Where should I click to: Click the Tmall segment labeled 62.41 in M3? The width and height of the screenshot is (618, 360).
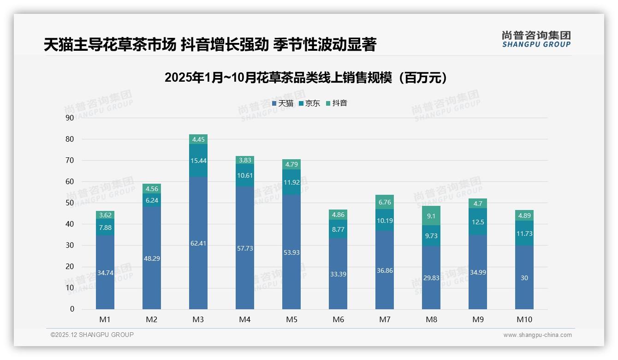click(x=198, y=243)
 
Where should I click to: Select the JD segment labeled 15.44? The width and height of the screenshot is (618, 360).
click(x=198, y=160)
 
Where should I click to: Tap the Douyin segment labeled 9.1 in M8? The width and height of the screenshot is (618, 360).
click(x=431, y=216)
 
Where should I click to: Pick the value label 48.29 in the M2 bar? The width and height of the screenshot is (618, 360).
click(x=152, y=258)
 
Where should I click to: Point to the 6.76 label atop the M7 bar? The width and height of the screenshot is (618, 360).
click(x=385, y=202)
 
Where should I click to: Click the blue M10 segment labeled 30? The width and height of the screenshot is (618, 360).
click(x=524, y=277)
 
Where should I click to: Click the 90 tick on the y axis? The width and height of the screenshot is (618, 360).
click(x=70, y=118)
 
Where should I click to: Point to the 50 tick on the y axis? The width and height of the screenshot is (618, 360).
click(x=70, y=203)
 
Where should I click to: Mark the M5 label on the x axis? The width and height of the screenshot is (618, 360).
click(x=291, y=319)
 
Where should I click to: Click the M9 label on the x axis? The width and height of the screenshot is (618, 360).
click(x=478, y=319)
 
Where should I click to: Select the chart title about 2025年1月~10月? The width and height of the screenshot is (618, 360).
click(x=306, y=78)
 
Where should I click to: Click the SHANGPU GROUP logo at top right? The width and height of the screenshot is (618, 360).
click(x=536, y=39)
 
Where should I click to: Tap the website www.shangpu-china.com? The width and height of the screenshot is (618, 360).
click(x=537, y=335)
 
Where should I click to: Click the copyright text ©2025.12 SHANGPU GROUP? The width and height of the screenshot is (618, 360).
click(x=92, y=335)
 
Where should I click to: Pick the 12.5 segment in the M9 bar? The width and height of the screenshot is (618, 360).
click(x=478, y=222)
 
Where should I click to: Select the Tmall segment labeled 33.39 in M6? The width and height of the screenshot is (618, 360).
click(x=338, y=274)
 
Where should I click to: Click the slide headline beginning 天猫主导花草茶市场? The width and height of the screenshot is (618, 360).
click(x=210, y=45)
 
